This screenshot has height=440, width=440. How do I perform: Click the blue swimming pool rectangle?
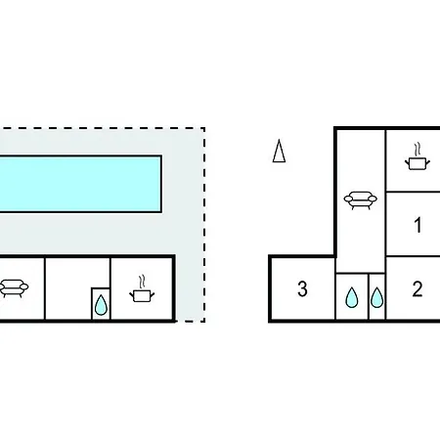click(80, 184)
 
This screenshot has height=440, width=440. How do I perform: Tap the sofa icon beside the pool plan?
click(14, 287)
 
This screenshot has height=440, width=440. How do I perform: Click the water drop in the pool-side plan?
click(101, 305)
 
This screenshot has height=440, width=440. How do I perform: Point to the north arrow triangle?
click(279, 151)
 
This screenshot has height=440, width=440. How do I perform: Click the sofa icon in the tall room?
click(361, 200)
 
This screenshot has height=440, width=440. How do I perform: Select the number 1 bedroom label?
click(418, 225)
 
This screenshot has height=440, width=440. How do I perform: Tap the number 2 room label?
click(418, 288)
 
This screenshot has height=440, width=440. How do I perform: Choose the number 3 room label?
click(302, 288)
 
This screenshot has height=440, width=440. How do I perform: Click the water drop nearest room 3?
click(352, 297)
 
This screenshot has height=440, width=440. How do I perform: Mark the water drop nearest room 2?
click(376, 297)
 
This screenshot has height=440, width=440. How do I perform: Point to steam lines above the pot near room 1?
click(418, 150)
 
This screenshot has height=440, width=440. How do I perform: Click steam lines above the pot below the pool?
click(142, 283)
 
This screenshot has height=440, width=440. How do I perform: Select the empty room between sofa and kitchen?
click(77, 288)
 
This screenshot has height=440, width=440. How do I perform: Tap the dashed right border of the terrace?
click(204, 225)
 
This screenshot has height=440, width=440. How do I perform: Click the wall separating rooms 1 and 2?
click(413, 256)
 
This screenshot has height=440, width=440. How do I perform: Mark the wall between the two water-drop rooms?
click(369, 296)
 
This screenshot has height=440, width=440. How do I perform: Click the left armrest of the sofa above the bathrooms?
click(348, 198)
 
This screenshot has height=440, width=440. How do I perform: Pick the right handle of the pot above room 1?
click(427, 162)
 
